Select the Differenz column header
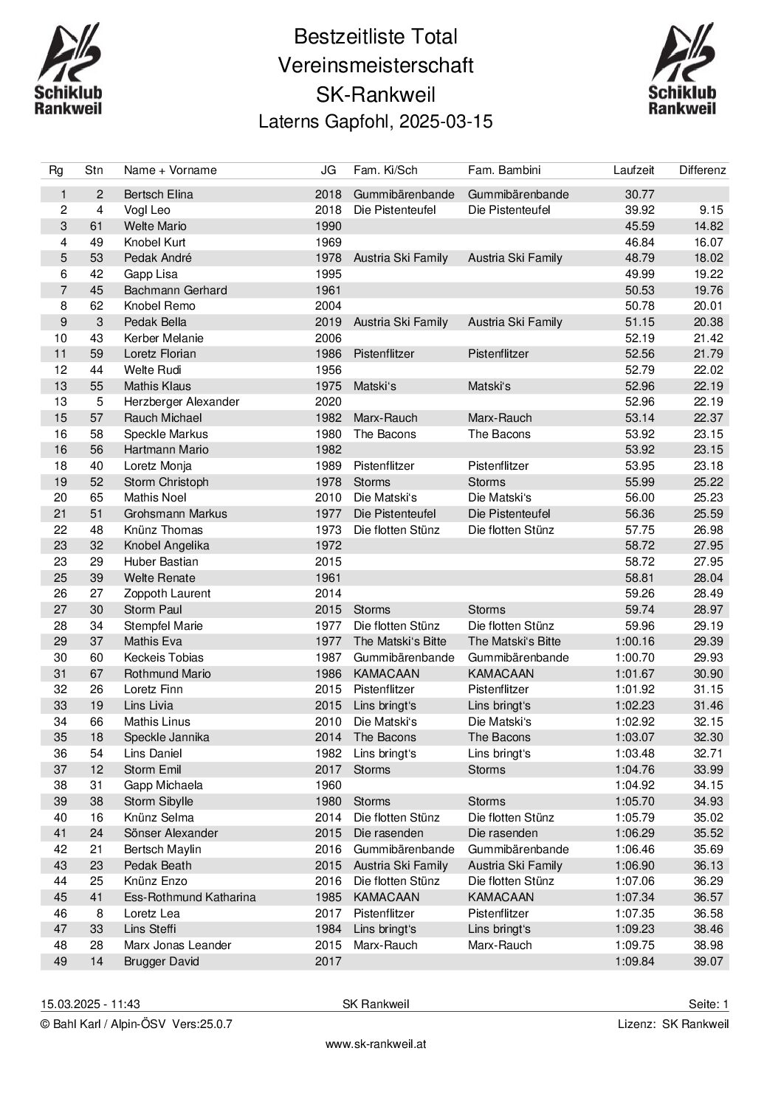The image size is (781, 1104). [x=702, y=170]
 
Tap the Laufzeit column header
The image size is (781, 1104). [x=633, y=170]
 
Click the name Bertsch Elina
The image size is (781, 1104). [x=158, y=195]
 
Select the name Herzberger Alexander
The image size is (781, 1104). [x=181, y=402]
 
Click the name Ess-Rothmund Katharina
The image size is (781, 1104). [x=190, y=898]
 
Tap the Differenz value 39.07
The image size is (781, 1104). [x=707, y=962]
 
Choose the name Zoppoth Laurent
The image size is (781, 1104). [x=167, y=594]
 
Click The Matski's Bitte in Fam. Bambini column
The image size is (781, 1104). [x=514, y=642]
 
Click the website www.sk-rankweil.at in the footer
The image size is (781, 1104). [x=376, y=1044]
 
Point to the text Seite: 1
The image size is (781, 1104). [x=708, y=1004]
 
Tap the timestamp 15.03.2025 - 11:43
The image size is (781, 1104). [x=90, y=1004]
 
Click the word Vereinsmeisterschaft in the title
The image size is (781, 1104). [x=376, y=66]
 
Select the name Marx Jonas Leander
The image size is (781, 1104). [x=177, y=945]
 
